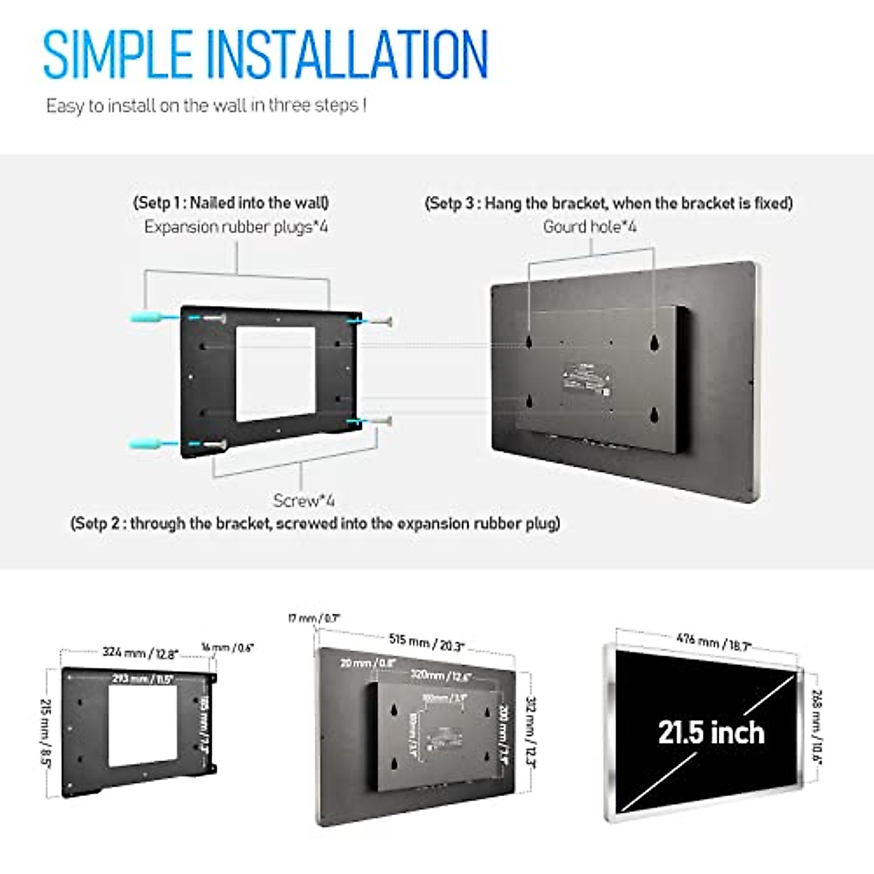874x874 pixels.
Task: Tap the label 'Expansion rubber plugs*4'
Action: tap(236, 227)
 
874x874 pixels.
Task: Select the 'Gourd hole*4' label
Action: tap(589, 227)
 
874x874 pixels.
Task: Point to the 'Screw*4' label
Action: tap(304, 500)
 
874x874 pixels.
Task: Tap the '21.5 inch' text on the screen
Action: tap(711, 732)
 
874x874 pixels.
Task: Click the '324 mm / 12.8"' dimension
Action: tap(140, 653)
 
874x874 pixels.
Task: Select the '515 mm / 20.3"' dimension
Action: tap(426, 642)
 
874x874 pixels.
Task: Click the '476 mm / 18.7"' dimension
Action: tap(713, 642)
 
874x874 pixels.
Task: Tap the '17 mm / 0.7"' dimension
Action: tap(314, 619)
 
